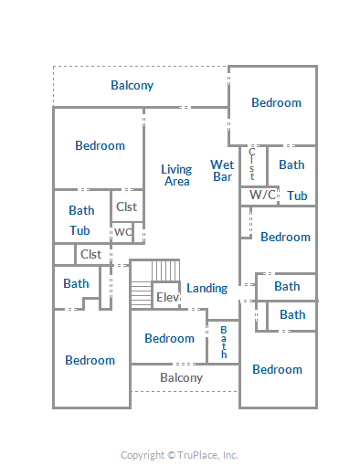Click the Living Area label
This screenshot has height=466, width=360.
tap(176, 175)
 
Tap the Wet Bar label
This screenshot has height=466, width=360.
tap(222, 171)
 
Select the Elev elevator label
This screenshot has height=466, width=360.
tap(167, 297)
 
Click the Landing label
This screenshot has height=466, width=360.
tap(207, 288)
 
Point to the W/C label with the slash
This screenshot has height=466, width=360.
tap(262, 195)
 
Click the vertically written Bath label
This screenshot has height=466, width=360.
tap(224, 342)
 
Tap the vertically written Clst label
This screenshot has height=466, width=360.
tap(252, 164)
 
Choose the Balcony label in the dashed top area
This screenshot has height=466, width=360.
tap(132, 86)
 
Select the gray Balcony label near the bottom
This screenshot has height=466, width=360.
tap(182, 378)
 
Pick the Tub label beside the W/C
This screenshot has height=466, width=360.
tap(297, 196)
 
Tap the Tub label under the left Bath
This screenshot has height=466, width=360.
tap(79, 230)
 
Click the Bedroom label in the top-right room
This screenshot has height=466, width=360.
tap(276, 102)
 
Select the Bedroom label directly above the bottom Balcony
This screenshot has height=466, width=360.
tap(169, 338)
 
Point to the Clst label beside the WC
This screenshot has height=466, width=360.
tap(127, 207)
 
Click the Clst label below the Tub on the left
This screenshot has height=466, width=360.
tap(90, 254)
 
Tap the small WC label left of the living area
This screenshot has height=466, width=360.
tap(123, 232)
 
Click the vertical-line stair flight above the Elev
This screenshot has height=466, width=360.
tap(165, 270)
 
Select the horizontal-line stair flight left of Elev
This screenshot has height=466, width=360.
tap(142, 294)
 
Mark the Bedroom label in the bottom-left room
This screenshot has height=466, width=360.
tap(90, 360)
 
